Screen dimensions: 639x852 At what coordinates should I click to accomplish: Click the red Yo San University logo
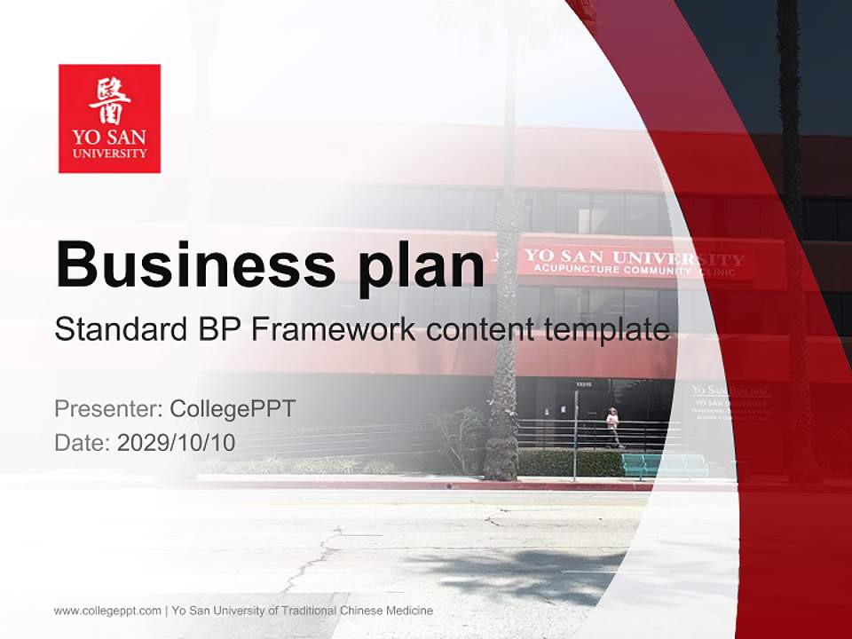[109, 118]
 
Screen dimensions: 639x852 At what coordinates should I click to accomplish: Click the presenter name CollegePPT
[233, 409]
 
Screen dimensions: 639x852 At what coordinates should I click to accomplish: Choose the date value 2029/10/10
[177, 442]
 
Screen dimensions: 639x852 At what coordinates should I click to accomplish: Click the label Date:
[83, 442]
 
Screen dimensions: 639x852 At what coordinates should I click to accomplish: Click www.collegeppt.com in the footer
[107, 611]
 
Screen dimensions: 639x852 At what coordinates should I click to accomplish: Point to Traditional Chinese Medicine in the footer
[359, 611]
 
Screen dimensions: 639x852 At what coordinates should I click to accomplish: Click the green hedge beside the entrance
[568, 462]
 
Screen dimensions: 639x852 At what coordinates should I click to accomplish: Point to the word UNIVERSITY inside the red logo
[109, 154]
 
